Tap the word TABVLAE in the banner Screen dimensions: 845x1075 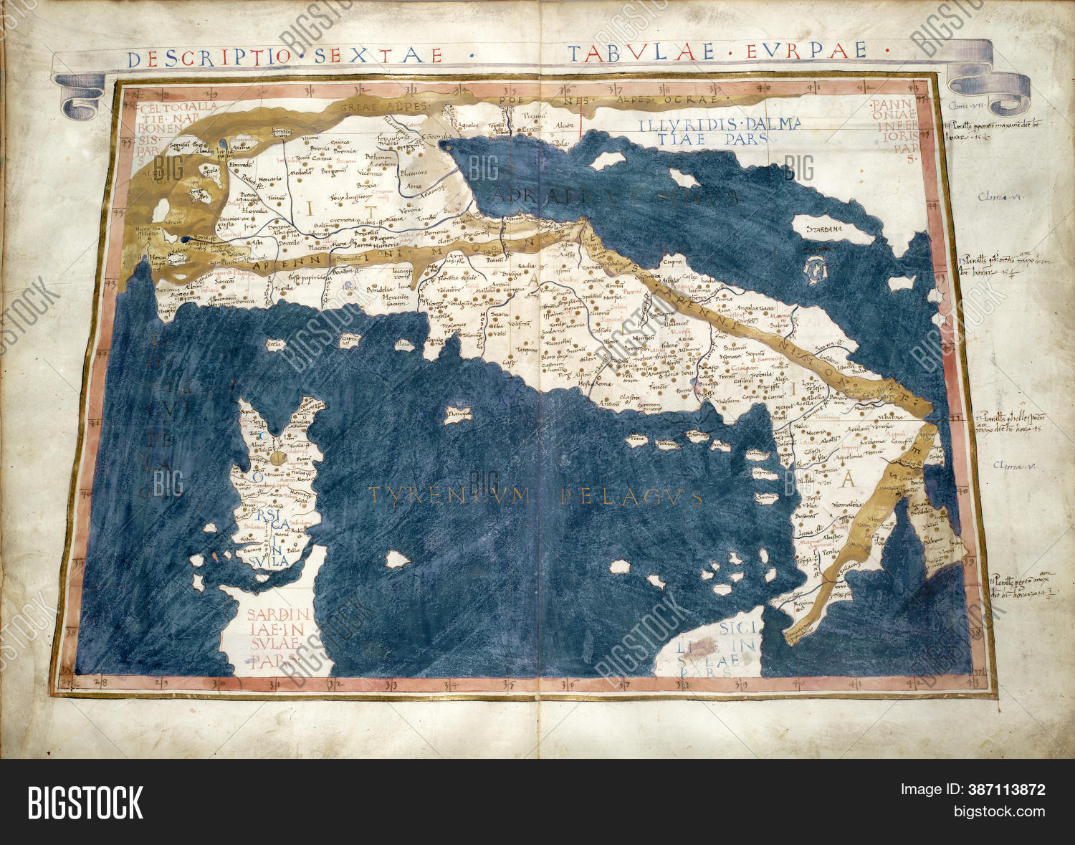[640, 52]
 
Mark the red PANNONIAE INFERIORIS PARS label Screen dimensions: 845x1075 [893, 128]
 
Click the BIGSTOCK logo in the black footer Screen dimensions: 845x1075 [85, 802]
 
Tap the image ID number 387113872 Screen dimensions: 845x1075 [1006, 790]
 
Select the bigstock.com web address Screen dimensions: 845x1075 [999, 811]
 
